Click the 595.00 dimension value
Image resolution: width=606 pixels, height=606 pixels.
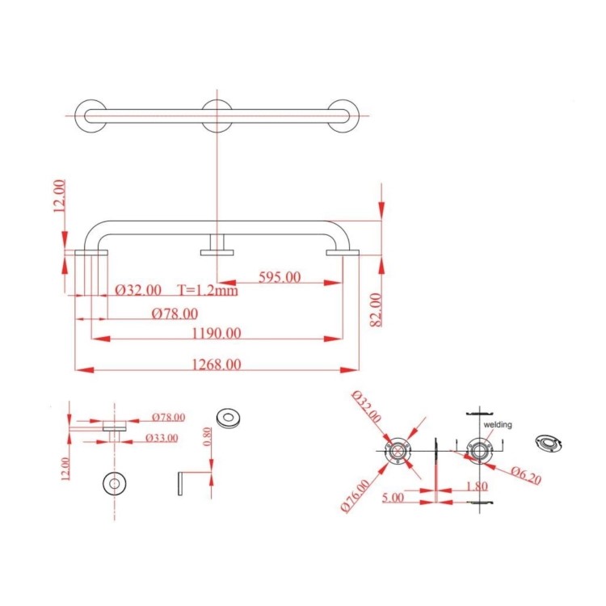[279, 276]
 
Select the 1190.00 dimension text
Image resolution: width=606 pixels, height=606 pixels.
[217, 332]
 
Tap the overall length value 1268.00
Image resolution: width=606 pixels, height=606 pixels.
[217, 364]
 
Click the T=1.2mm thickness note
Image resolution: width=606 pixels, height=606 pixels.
[208, 290]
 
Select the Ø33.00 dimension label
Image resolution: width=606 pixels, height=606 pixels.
[166, 437]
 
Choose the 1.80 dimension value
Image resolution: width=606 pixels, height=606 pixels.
[476, 487]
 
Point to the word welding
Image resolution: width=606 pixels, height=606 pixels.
[498, 423]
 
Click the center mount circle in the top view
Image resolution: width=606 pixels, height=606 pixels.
[218, 116]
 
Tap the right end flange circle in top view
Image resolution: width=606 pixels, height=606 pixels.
[344, 116]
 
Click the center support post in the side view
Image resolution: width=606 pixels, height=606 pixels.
[217, 245]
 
